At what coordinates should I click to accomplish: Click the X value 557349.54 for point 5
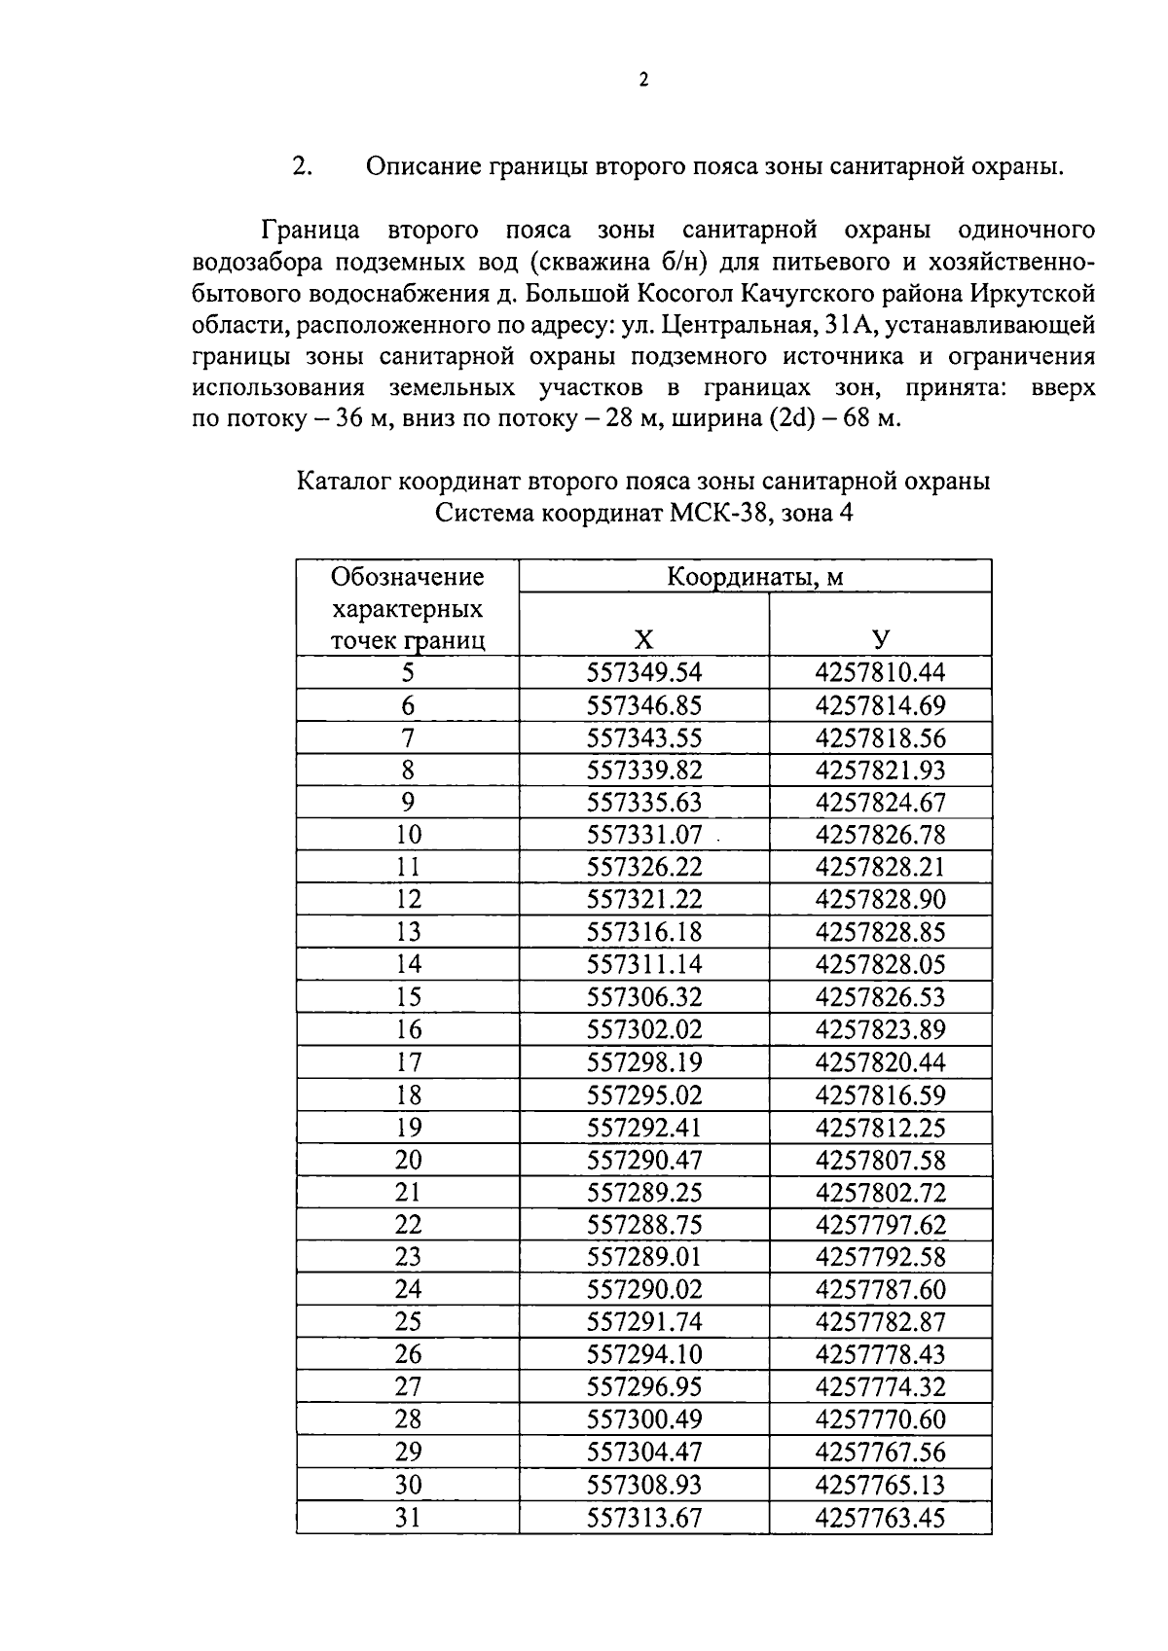coord(644,672)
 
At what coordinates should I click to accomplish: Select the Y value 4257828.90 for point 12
coord(880,899)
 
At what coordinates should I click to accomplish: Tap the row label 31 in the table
coord(408,1517)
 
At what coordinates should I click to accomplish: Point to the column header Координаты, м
coord(754,577)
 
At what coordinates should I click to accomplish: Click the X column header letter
coord(644,640)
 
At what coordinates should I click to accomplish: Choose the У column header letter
coord(881,640)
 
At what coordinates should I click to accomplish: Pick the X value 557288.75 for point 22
coord(644,1224)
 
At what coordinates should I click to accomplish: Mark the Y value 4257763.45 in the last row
coord(880,1517)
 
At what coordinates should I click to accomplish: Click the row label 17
coord(408,1061)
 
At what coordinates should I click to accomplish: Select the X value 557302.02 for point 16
coord(644,1029)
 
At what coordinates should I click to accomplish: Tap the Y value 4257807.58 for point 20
coord(880,1160)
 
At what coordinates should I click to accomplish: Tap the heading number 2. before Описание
coord(302,166)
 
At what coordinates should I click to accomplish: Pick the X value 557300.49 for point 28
coord(644,1419)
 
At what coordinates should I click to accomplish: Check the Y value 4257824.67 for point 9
coord(880,803)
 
